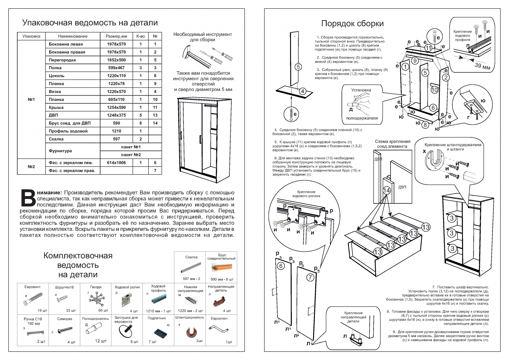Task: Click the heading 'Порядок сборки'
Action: click(352, 23)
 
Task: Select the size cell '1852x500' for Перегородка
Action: click(116, 60)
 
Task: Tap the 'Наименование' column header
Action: click(73, 36)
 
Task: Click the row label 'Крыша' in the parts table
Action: click(56, 107)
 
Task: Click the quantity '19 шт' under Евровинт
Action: click(42, 310)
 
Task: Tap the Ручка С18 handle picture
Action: click(36, 333)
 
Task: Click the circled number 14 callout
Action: click(387, 190)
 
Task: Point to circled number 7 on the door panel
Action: click(310, 277)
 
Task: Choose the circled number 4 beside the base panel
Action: click(303, 91)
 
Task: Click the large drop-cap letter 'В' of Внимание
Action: click(28, 198)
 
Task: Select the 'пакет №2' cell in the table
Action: click(131, 155)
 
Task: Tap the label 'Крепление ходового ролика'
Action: click(306, 194)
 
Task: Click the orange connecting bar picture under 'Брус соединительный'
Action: click(222, 267)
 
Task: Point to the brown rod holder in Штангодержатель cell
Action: click(191, 332)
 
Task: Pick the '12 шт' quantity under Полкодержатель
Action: click(101, 341)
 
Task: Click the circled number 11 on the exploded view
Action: click(428, 48)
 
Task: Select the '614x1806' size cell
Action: click(116, 163)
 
